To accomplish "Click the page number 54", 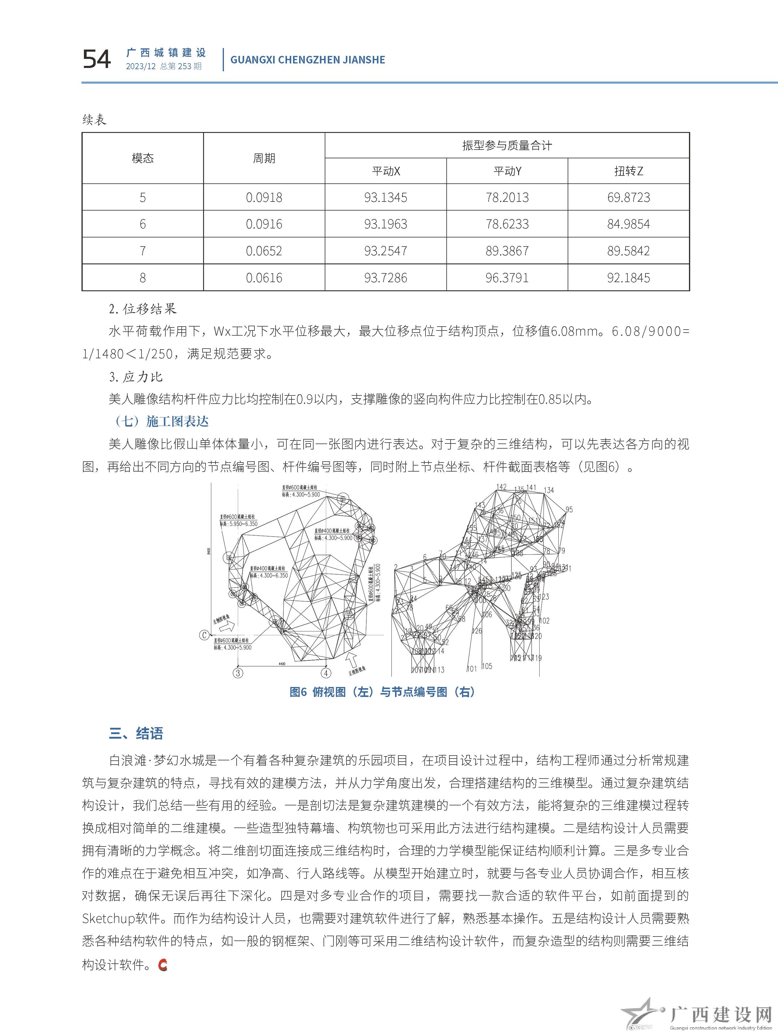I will [97, 60].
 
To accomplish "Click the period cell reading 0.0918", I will [264, 198].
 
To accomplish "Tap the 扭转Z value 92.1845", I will [628, 278].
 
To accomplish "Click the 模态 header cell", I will [143, 158].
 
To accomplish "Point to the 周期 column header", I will [264, 158].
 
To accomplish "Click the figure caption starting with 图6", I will [382, 692].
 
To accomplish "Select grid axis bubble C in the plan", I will [204, 635].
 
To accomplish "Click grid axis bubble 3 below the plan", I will [238, 673].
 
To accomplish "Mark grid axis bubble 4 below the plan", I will [326, 673].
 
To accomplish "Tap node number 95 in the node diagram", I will [569, 510].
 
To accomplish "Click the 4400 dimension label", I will [282, 663].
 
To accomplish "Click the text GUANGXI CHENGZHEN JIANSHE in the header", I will [308, 60].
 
